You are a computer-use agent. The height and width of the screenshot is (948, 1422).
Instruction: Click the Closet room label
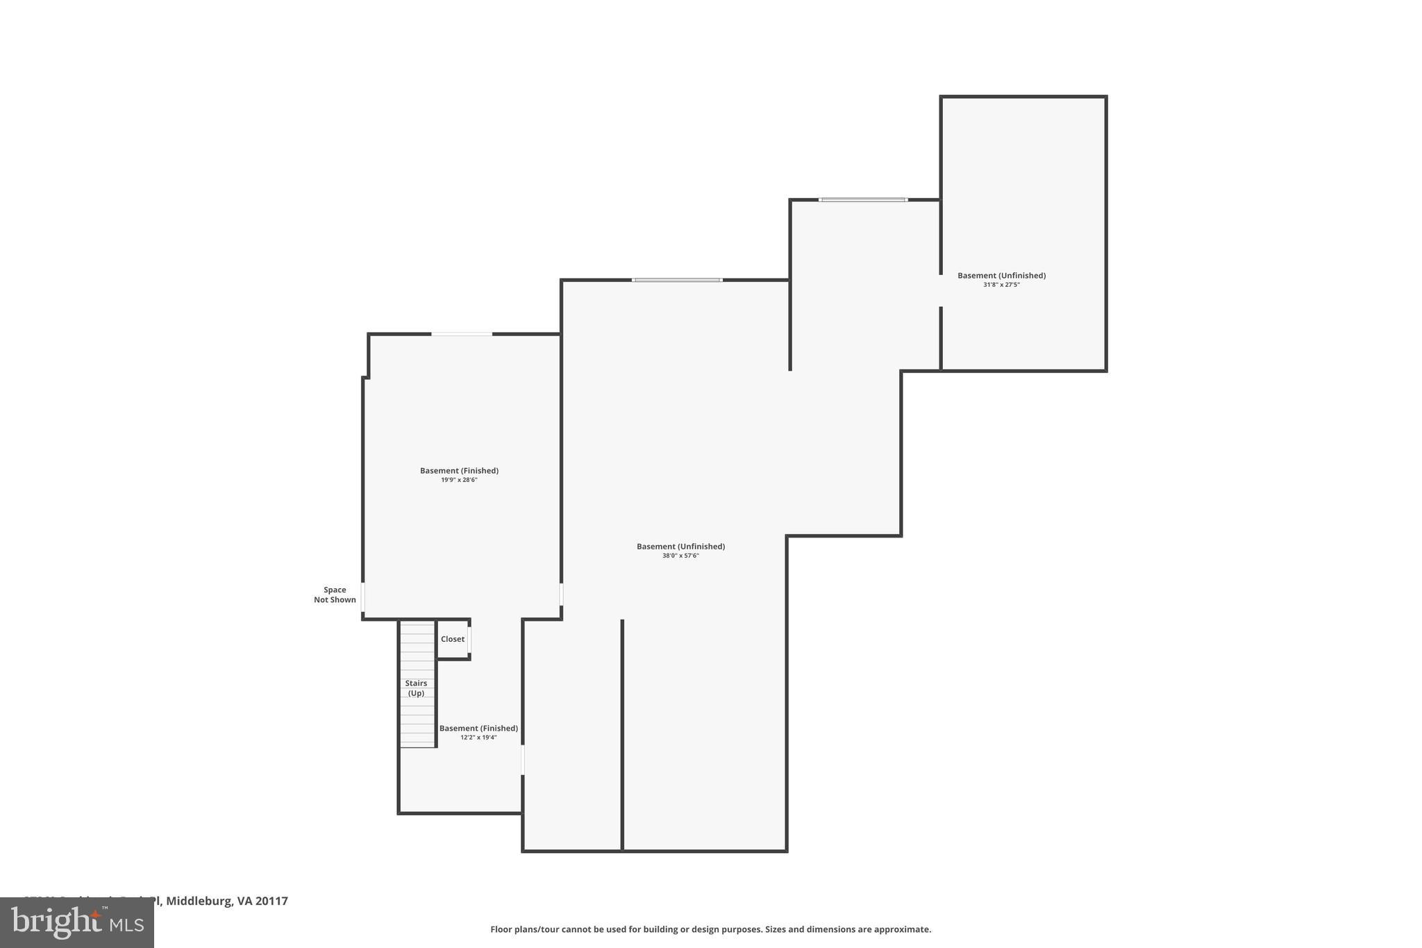453,639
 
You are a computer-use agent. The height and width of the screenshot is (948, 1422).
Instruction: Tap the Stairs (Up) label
416,688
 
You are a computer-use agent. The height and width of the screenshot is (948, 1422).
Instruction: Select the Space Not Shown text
335,595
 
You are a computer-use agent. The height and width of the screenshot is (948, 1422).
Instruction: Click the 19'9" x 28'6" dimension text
459,480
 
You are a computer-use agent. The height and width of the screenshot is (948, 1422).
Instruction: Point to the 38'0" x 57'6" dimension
680,556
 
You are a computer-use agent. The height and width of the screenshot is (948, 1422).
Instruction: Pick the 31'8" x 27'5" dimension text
1001,285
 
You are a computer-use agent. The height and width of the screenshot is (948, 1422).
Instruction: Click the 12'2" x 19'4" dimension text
478,738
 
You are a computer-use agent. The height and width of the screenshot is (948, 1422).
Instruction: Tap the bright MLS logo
77,922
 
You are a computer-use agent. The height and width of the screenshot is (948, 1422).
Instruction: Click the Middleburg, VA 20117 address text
226,901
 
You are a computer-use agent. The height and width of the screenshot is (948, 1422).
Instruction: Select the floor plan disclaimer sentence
710,929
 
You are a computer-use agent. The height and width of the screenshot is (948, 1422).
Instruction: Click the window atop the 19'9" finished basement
462,334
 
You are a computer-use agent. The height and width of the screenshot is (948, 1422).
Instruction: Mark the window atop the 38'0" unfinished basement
677,280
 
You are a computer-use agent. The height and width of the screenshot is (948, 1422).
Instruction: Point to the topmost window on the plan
863,200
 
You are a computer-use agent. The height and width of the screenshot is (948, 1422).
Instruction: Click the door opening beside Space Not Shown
362,597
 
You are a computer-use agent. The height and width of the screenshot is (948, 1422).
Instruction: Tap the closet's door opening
469,640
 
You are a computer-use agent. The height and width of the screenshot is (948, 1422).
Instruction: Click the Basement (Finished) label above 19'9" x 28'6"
459,471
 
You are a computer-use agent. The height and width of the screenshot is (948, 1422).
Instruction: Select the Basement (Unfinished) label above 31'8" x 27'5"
1001,276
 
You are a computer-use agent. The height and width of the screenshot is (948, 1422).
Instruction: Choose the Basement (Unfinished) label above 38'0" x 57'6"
680,547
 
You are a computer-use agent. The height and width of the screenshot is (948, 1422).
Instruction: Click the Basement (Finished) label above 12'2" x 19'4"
478,729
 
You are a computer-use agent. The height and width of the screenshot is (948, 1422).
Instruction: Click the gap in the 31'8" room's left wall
941,291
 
